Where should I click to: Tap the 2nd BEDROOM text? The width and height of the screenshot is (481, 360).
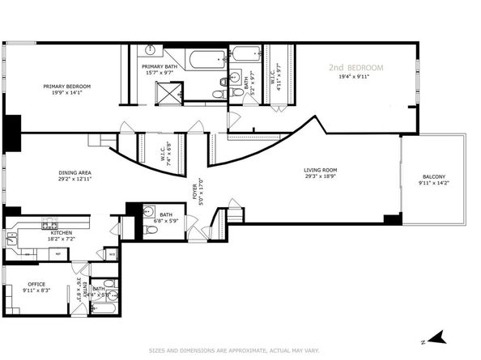click(355, 67)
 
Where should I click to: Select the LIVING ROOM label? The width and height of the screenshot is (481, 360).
click(320, 170)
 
